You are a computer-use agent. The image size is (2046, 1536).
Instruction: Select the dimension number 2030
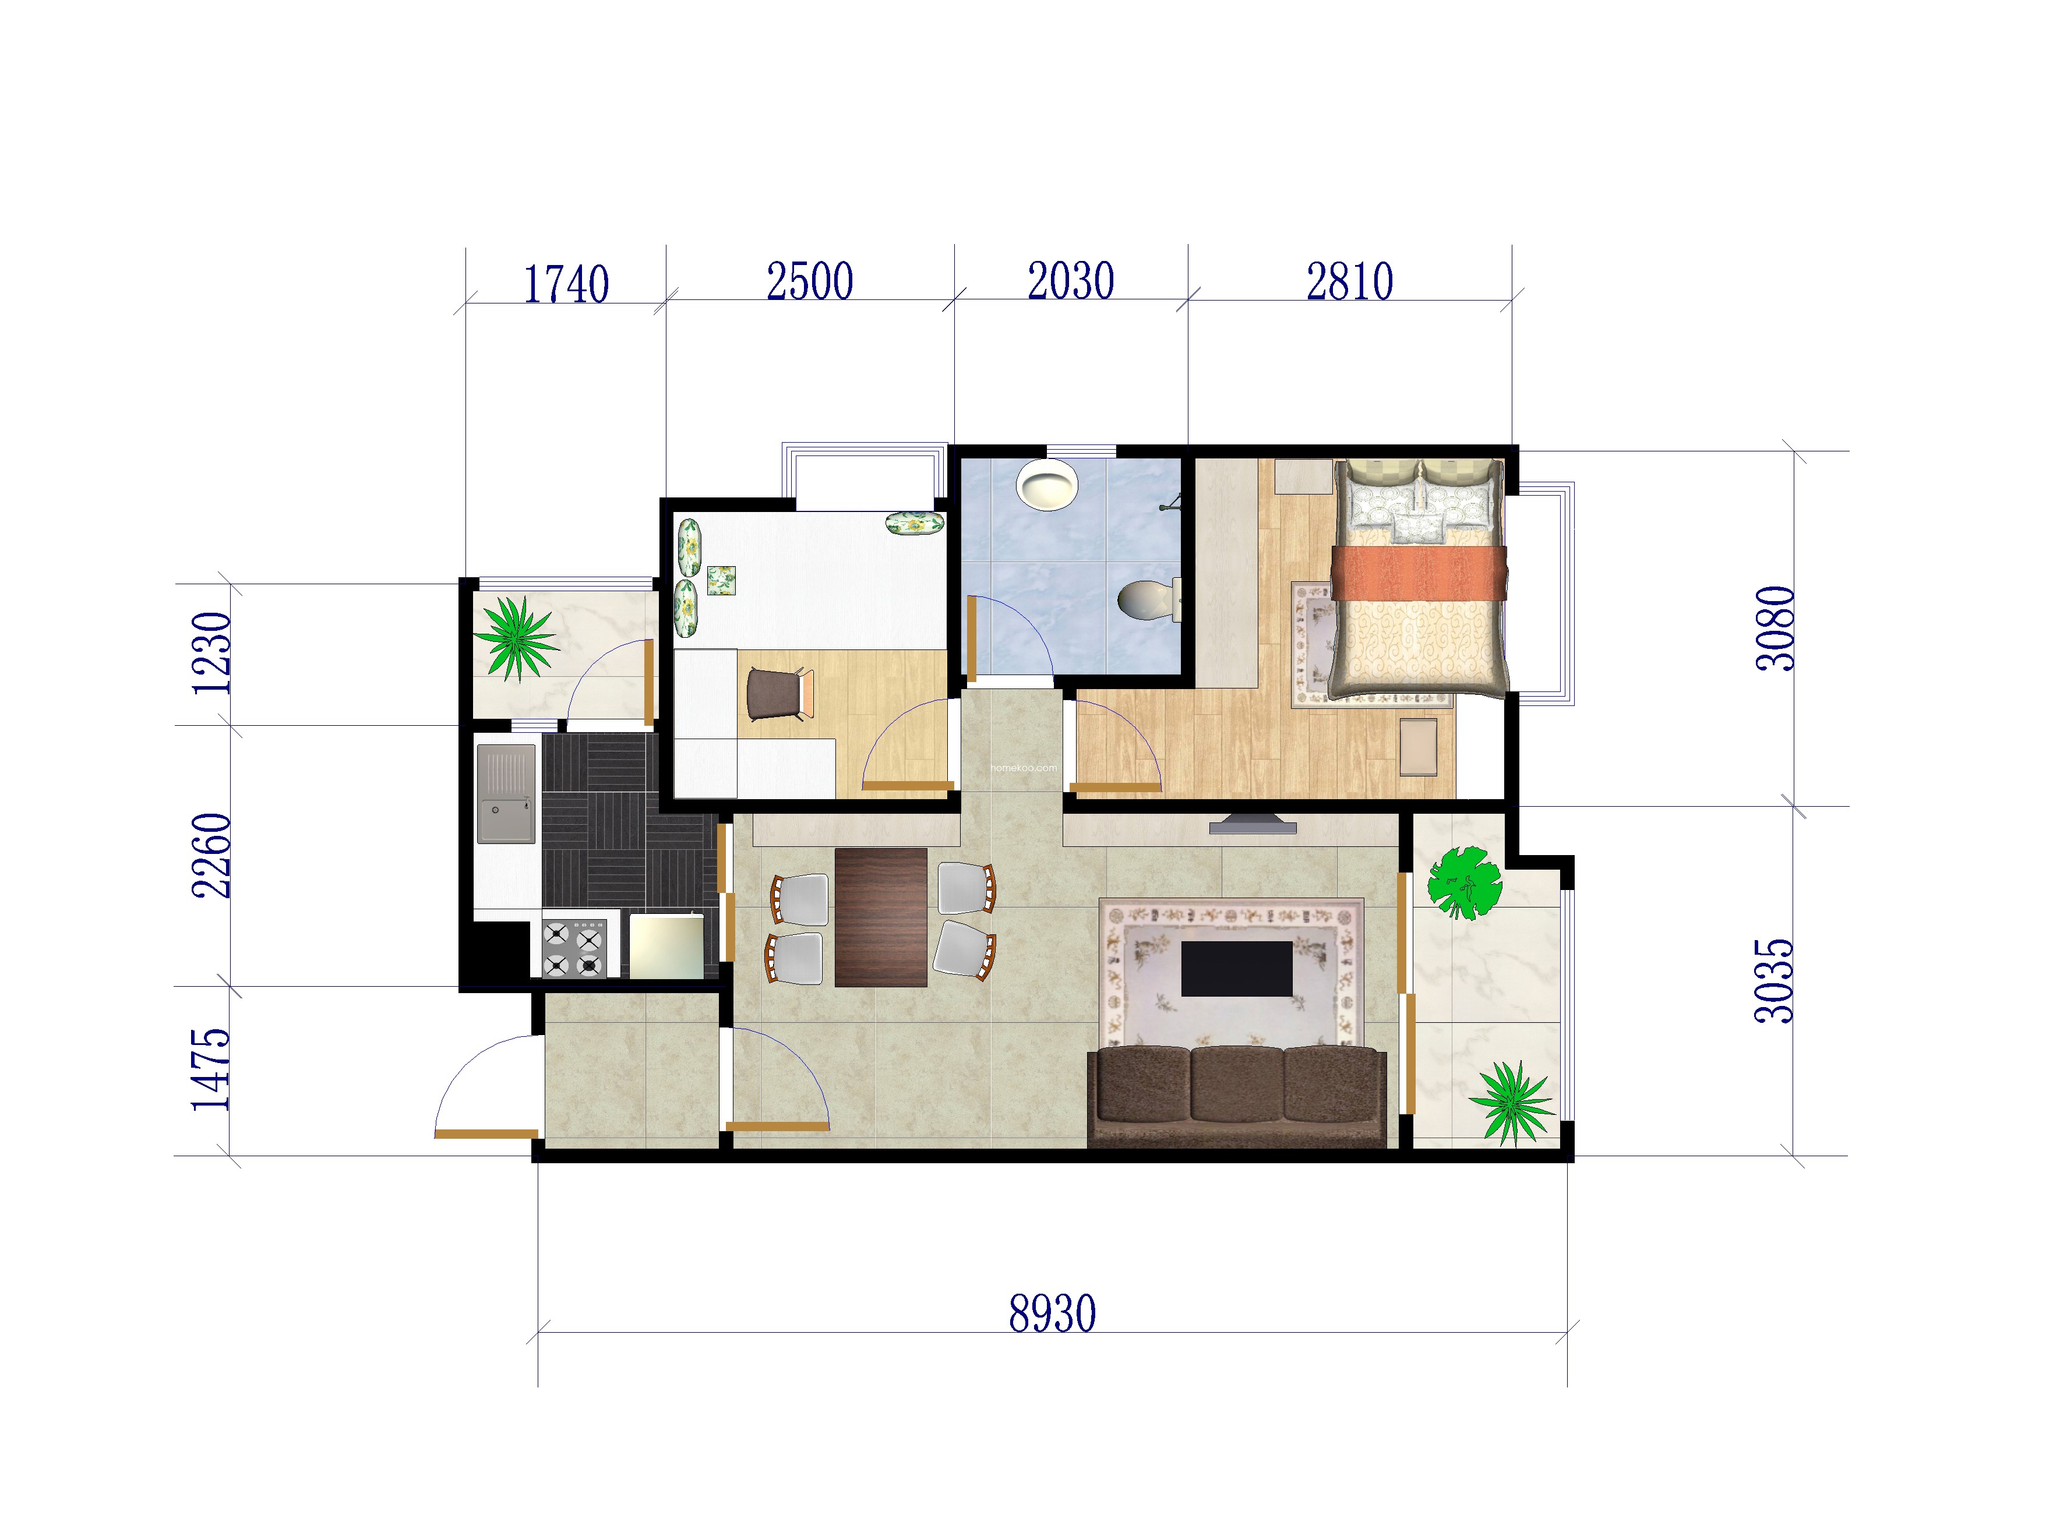[x=1071, y=281]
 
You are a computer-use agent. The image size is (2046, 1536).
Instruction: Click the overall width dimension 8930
[x=1053, y=1314]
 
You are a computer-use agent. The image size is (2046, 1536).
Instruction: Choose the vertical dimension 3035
[x=1774, y=981]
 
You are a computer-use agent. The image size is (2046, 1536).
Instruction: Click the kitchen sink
[x=506, y=793]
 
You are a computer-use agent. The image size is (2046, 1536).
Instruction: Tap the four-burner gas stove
[x=573, y=948]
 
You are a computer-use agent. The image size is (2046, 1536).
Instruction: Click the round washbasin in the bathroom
[x=1047, y=485]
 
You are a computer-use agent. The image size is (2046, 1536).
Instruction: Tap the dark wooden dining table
[x=880, y=917]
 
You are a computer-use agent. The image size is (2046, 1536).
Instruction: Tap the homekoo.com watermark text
[x=1023, y=768]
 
